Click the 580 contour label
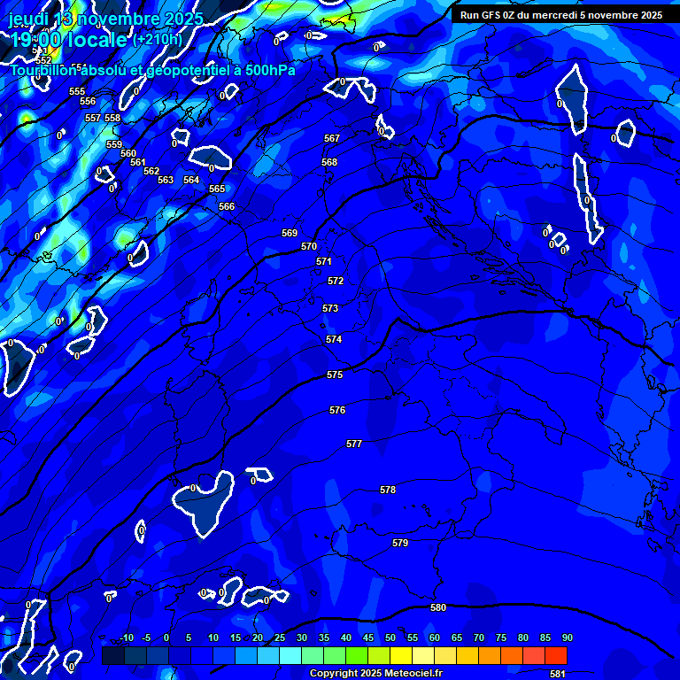coord(438,607)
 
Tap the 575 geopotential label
coord(335,375)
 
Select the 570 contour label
coord(309,246)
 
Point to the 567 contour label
coord(332,138)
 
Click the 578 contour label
coord(388,490)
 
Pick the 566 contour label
coord(227,206)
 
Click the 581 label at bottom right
coord(557,674)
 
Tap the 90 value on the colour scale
coord(567,637)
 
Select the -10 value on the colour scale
coord(127,637)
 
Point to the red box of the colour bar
coord(555,655)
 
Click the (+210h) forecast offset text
coord(158,39)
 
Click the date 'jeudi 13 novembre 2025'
coord(106,19)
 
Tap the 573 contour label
coord(330,308)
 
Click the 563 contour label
coord(166,180)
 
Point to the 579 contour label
coord(400,543)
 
